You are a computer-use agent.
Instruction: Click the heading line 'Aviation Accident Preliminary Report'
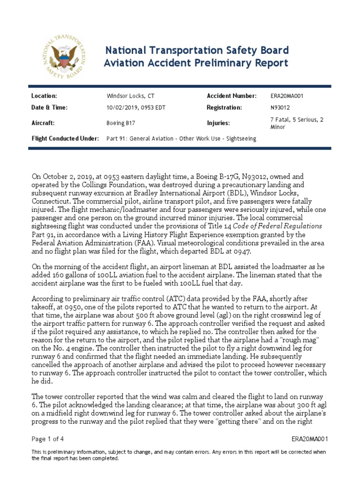[196, 63]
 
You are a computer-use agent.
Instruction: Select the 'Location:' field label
[44, 96]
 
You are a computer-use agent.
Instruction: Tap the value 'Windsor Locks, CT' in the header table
[130, 96]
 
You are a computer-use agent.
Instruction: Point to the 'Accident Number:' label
[232, 96]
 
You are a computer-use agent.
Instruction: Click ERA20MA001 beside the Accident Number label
[281, 96]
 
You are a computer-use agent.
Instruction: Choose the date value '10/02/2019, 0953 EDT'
[136, 107]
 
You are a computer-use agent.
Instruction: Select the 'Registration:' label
[224, 107]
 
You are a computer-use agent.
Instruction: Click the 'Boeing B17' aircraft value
[122, 123]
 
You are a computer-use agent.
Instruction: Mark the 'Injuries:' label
[218, 123]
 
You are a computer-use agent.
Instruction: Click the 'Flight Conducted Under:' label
[65, 139]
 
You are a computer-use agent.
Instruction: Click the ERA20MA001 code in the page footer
[309, 439]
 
